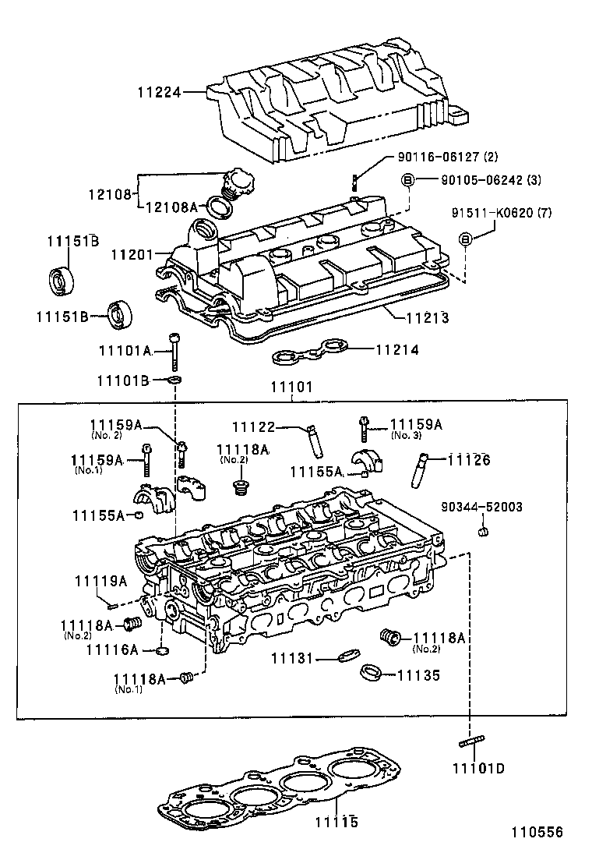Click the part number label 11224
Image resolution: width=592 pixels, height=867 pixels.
[160, 92]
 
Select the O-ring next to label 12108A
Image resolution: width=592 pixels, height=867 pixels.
[221, 207]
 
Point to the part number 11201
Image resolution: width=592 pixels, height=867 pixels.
[132, 254]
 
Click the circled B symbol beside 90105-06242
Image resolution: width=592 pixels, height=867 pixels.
[407, 180]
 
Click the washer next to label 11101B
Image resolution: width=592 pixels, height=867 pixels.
[174, 380]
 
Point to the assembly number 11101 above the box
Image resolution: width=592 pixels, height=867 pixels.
[291, 387]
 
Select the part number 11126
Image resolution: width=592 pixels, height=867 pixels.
[469, 460]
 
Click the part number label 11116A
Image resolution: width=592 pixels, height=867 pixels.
[112, 649]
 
